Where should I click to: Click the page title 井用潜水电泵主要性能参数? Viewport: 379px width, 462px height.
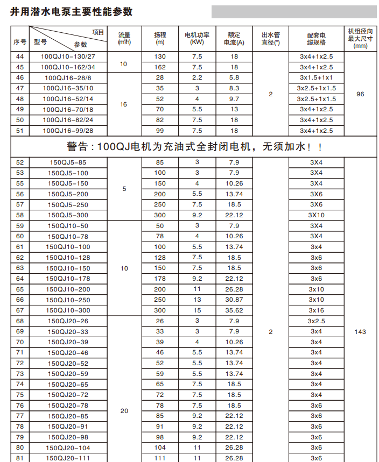click(x=72, y=12)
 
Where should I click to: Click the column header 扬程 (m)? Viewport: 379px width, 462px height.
click(x=160, y=38)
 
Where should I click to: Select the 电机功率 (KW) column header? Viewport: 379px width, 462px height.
click(x=197, y=38)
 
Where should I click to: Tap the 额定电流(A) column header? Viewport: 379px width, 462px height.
click(x=234, y=38)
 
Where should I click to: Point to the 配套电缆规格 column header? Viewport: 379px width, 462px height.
click(x=316, y=38)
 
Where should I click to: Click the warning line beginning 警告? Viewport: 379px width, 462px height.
click(x=194, y=147)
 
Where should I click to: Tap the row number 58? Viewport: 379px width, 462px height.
click(x=20, y=215)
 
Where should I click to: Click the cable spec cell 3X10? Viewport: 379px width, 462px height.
click(x=315, y=215)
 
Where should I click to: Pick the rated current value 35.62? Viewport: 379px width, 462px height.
click(x=234, y=310)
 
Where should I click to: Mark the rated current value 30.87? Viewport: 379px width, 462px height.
click(x=234, y=300)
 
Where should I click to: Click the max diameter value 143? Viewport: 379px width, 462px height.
click(x=360, y=332)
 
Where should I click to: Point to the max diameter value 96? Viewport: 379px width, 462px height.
click(x=360, y=94)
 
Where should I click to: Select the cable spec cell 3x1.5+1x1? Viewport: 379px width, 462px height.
click(x=316, y=77)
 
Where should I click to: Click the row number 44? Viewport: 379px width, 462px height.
click(x=20, y=56)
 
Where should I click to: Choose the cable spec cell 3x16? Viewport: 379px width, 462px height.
click(x=316, y=310)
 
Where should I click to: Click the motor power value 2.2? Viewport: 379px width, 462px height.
click(x=197, y=77)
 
